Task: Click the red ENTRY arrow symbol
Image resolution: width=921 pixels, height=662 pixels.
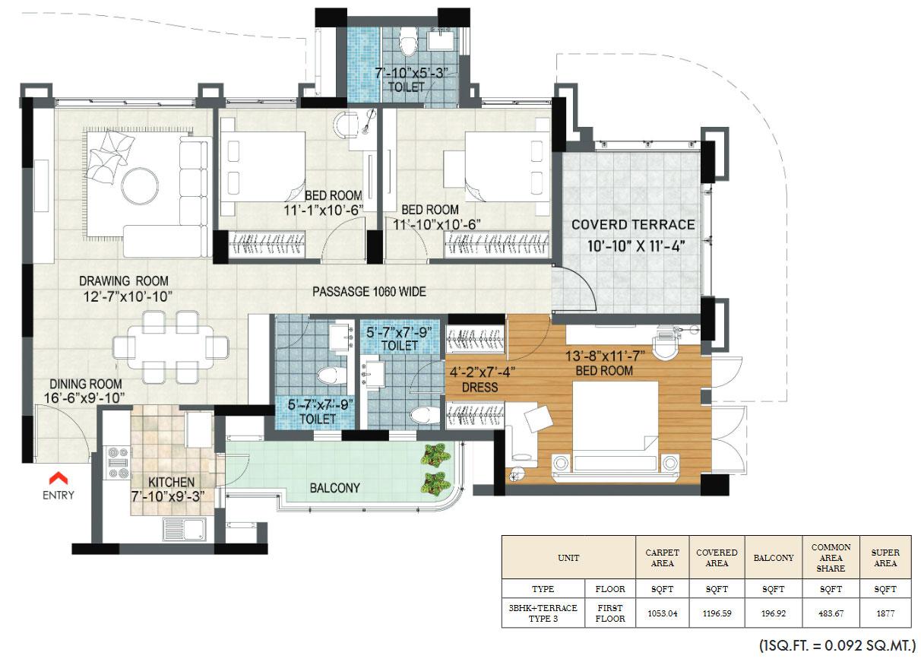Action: click(58, 478)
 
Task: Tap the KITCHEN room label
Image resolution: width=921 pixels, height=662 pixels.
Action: click(171, 482)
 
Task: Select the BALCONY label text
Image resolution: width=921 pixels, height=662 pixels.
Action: click(334, 487)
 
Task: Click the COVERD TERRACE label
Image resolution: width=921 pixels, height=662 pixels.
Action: click(632, 224)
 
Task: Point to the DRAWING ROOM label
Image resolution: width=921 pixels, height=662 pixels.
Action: click(124, 280)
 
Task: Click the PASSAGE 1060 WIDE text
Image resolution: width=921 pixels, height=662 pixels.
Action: click(369, 291)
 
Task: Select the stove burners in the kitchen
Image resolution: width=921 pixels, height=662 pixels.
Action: click(118, 462)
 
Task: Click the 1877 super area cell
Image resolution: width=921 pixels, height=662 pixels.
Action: click(885, 613)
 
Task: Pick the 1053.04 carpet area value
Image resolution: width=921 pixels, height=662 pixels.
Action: click(662, 613)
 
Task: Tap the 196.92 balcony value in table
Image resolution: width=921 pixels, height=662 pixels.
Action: click(773, 613)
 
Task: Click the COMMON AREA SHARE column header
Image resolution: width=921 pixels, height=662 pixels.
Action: click(831, 557)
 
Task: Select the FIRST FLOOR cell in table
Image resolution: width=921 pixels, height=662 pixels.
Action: click(609, 613)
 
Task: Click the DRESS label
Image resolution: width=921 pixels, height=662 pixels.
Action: click(480, 387)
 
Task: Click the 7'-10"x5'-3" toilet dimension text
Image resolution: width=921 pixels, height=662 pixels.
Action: click(412, 74)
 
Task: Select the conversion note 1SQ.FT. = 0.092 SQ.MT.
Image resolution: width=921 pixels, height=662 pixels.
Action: click(837, 646)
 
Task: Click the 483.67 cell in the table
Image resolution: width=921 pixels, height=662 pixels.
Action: click(831, 613)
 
